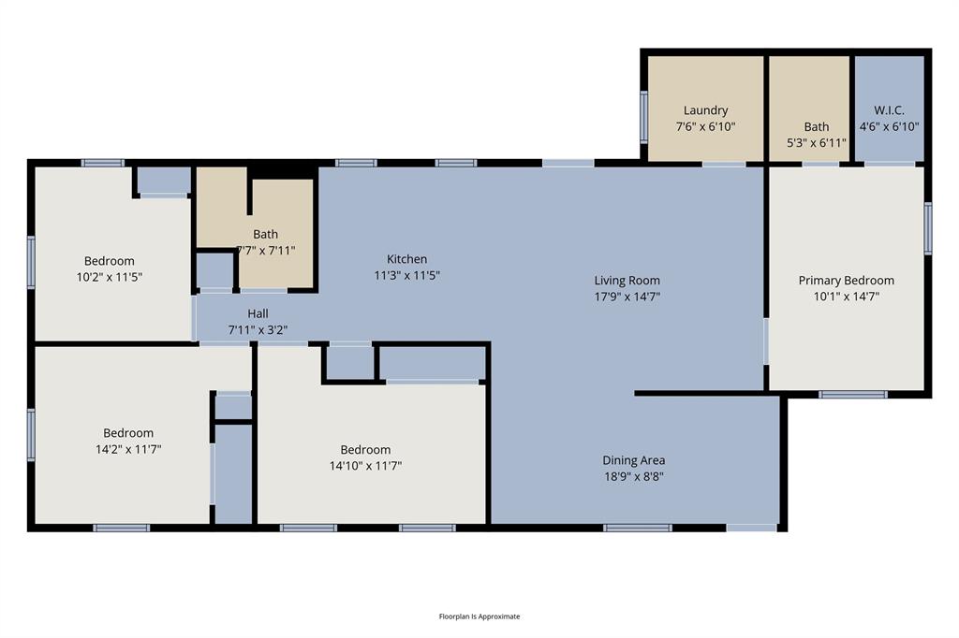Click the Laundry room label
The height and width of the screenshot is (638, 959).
[705, 110]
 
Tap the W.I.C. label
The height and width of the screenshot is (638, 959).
[889, 110]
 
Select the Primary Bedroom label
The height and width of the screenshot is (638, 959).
[846, 281]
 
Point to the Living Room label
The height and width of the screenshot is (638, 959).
[627, 281]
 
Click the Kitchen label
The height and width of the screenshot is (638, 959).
[406, 259]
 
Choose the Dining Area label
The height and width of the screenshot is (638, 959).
[633, 460]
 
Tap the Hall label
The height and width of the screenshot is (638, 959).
[258, 313]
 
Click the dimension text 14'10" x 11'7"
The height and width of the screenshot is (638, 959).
[365, 466]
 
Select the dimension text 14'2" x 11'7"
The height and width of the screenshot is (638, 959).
[128, 449]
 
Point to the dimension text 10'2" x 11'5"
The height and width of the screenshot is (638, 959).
[109, 277]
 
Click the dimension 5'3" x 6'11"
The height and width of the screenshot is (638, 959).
[816, 143]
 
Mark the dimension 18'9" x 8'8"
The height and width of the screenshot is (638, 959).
[633, 476]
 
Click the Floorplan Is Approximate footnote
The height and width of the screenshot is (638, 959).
[479, 616]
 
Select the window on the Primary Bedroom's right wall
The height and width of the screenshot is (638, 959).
[928, 228]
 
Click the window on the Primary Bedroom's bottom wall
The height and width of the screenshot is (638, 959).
[852, 394]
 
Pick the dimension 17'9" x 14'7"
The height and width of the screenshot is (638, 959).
[627, 297]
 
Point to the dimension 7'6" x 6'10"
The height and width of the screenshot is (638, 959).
[705, 126]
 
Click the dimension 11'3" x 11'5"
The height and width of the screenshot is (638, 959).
[406, 276]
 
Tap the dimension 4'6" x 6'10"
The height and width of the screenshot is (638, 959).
[889, 126]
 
